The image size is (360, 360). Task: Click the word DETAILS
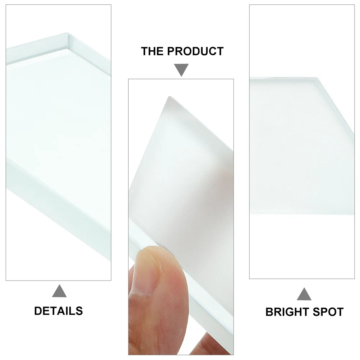tap(59, 311)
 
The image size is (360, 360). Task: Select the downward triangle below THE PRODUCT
tap(181, 70)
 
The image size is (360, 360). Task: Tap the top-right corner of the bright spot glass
tap(318, 79)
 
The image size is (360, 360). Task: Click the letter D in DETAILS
tap(38, 311)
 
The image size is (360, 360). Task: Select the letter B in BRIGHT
tap(269, 311)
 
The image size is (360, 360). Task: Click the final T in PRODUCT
tap(220, 51)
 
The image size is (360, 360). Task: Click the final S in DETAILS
tap(79, 311)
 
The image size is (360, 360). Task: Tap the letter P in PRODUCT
tap(172, 51)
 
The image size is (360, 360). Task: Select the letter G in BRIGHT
tap(290, 311)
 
